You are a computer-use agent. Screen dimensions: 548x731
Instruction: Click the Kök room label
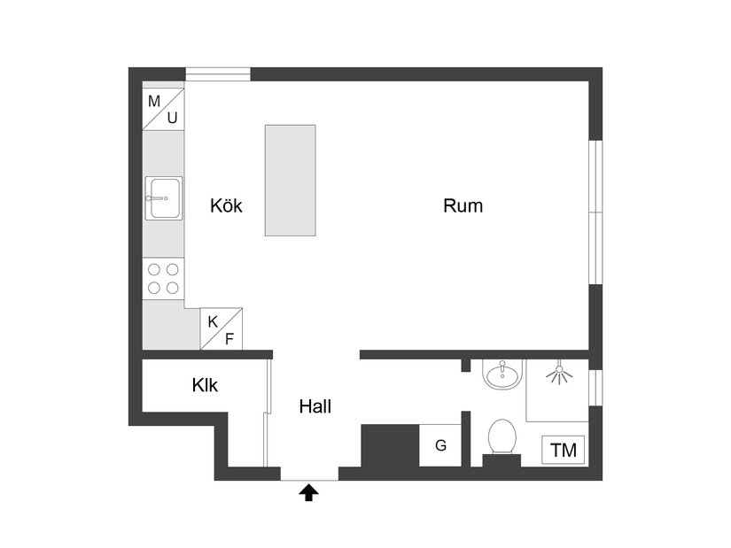coord(226,206)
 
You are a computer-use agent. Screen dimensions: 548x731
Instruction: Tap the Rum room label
coord(463,206)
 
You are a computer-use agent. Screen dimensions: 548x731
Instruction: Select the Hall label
coord(315,407)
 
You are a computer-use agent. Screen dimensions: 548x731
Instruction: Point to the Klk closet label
coord(205,386)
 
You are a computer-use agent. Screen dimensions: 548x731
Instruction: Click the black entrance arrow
coord(309,492)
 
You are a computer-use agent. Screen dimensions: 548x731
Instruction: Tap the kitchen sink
coord(164,197)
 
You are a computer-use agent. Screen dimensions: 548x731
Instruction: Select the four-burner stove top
coord(164,278)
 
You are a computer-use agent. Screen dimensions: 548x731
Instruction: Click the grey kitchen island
coord(290,180)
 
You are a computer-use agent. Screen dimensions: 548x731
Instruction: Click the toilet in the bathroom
coord(502,436)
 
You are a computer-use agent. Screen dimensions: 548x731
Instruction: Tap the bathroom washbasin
coord(503,374)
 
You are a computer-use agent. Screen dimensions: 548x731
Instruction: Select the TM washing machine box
coord(564,450)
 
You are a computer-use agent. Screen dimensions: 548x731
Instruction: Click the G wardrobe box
coord(440,445)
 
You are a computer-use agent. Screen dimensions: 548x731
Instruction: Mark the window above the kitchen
coord(217,74)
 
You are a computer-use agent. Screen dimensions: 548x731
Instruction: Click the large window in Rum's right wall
coord(596,212)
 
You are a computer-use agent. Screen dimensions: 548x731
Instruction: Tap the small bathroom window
coord(596,387)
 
